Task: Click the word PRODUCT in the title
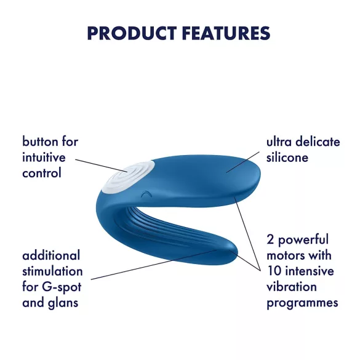(x=130, y=33)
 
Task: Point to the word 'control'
(x=42, y=174)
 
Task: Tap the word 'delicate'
(x=318, y=142)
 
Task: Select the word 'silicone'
(x=287, y=158)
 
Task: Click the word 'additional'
(x=51, y=255)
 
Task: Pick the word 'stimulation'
(x=52, y=271)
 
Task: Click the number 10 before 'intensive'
(x=274, y=271)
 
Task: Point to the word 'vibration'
(x=292, y=287)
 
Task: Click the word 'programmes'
(x=302, y=303)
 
